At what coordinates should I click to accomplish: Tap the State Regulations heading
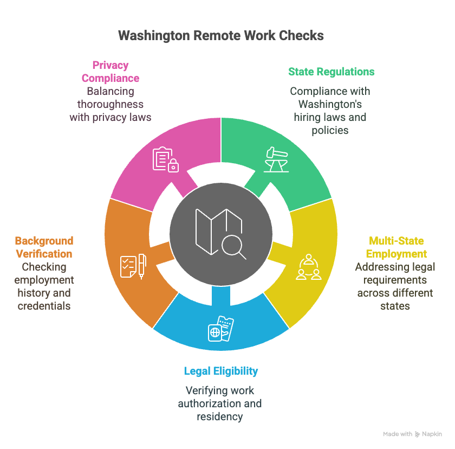tap(331, 72)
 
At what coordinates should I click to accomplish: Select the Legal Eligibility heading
tap(221, 371)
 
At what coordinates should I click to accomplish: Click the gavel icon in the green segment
tap(276, 159)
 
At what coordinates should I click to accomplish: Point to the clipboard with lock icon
tap(166, 159)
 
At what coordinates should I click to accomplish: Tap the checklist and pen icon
tap(133, 266)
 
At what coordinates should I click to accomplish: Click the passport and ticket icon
tap(221, 329)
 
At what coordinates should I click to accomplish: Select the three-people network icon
tap(308, 267)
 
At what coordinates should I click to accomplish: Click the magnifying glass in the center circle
tap(233, 247)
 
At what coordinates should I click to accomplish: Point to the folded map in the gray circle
tap(218, 231)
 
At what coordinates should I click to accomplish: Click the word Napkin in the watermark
tap(432, 434)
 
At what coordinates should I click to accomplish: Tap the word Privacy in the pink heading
tap(110, 66)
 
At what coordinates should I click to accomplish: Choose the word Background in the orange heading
tap(44, 241)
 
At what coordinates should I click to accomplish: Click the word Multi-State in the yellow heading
tap(396, 241)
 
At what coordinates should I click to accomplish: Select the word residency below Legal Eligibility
tap(220, 416)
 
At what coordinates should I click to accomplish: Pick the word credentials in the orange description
tap(44, 306)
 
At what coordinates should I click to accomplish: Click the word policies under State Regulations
tap(330, 130)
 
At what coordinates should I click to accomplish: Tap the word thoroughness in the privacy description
tap(110, 104)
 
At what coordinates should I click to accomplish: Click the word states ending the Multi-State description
tap(395, 306)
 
